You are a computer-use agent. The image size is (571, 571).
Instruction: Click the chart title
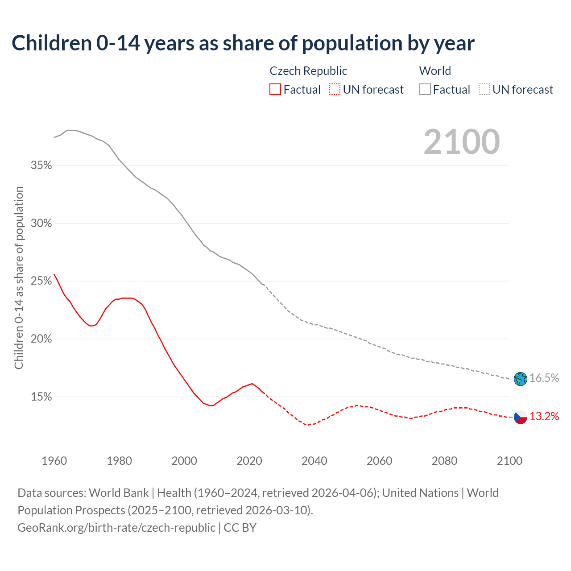click(x=243, y=43)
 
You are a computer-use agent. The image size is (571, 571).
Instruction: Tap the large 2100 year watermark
click(x=462, y=142)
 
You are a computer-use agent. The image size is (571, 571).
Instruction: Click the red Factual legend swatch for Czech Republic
click(x=275, y=90)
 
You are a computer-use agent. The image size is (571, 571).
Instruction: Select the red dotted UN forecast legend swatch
click(x=335, y=90)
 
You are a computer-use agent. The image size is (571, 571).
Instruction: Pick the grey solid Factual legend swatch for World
click(x=425, y=90)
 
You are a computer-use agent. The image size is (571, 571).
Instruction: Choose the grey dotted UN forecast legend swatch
click(x=484, y=90)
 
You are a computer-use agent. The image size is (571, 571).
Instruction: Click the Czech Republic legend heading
click(x=308, y=71)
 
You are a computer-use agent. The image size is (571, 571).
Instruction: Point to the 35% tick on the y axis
click(x=41, y=166)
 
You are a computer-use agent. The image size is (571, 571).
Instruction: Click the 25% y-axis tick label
click(x=41, y=281)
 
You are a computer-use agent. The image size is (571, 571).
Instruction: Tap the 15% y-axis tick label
click(x=41, y=397)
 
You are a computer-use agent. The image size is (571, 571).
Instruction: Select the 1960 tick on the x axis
click(x=54, y=461)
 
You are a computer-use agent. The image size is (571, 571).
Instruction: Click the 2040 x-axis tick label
click(x=314, y=461)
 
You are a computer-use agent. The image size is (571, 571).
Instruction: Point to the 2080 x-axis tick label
click(x=444, y=461)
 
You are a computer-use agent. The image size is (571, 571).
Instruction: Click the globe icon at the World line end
click(x=520, y=379)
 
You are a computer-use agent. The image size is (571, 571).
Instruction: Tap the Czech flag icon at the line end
click(x=520, y=417)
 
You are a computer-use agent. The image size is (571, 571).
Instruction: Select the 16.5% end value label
click(x=544, y=378)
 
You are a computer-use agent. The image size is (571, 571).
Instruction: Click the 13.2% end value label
click(x=544, y=417)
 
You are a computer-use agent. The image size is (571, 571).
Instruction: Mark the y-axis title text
click(x=19, y=278)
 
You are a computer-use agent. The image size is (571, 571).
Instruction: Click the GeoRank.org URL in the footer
click(x=116, y=528)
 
